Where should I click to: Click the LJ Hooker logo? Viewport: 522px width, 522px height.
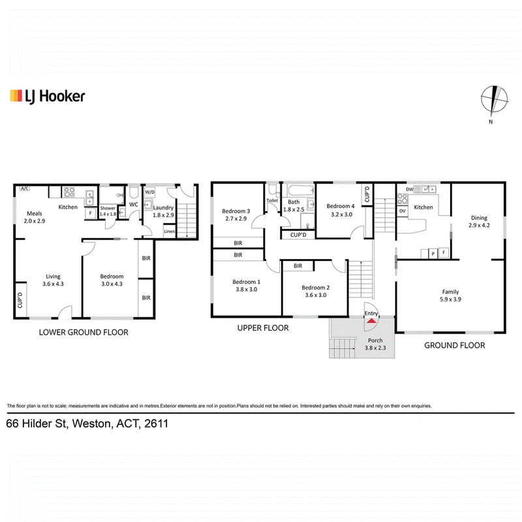[47, 96]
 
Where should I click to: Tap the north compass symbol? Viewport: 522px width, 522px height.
[495, 99]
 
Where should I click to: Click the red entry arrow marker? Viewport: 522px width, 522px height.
[371, 321]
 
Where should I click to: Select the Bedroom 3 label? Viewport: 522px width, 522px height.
[236, 211]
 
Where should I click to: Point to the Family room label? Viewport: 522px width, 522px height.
[450, 292]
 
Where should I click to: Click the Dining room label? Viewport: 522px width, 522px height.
[479, 218]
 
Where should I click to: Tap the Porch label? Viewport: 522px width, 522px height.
[375, 340]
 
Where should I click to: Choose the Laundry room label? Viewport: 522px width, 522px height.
[164, 207]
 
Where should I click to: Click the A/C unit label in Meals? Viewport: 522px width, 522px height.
[25, 189]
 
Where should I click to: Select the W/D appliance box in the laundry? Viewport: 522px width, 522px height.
[150, 192]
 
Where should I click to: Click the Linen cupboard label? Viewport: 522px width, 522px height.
[170, 232]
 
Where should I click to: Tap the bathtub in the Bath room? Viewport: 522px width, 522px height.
[301, 191]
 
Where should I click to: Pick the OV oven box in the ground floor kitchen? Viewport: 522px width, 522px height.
[403, 211]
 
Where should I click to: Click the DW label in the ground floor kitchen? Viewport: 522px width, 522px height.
[410, 189]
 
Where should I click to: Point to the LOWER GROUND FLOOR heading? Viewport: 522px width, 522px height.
[84, 332]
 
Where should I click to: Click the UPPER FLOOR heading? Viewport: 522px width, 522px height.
[263, 328]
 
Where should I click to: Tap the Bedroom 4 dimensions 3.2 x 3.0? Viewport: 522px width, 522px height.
[341, 215]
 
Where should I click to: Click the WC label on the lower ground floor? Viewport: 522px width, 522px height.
[134, 204]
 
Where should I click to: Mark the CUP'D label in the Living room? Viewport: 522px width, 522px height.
[20, 300]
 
